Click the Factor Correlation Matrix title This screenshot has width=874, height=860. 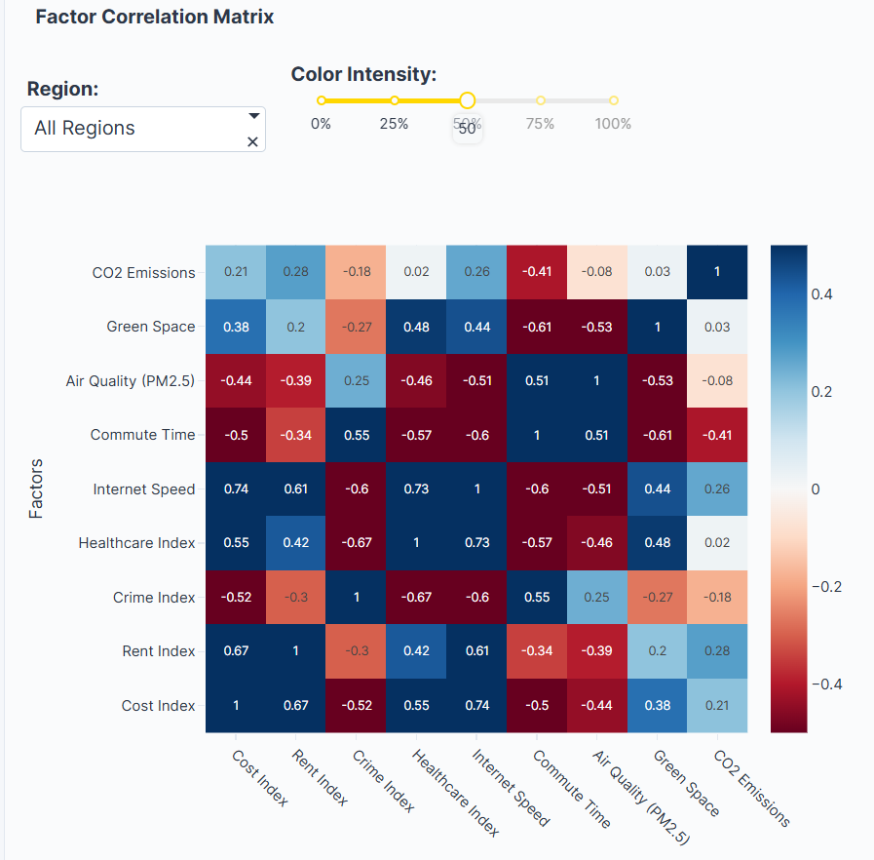(x=154, y=17)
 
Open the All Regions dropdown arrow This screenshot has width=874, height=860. (x=254, y=115)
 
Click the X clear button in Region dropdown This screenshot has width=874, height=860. (x=252, y=142)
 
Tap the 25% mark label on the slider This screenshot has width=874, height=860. (x=394, y=124)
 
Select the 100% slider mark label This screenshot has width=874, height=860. (x=613, y=124)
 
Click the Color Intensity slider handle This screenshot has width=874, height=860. (x=467, y=100)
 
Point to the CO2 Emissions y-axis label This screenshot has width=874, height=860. (x=143, y=273)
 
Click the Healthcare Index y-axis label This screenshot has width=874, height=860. (x=136, y=543)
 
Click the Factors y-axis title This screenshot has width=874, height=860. (x=37, y=489)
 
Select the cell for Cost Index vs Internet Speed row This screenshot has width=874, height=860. (x=236, y=489)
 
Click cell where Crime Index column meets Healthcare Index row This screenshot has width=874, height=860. (x=357, y=543)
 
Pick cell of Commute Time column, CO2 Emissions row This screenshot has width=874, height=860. (x=537, y=273)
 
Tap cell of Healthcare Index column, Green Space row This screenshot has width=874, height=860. (x=417, y=327)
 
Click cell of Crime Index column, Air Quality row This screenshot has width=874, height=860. (x=357, y=381)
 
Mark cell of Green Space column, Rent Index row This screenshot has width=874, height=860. (x=658, y=651)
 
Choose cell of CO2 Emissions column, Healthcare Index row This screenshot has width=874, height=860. (x=717, y=543)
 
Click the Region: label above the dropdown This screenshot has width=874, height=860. (x=63, y=89)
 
